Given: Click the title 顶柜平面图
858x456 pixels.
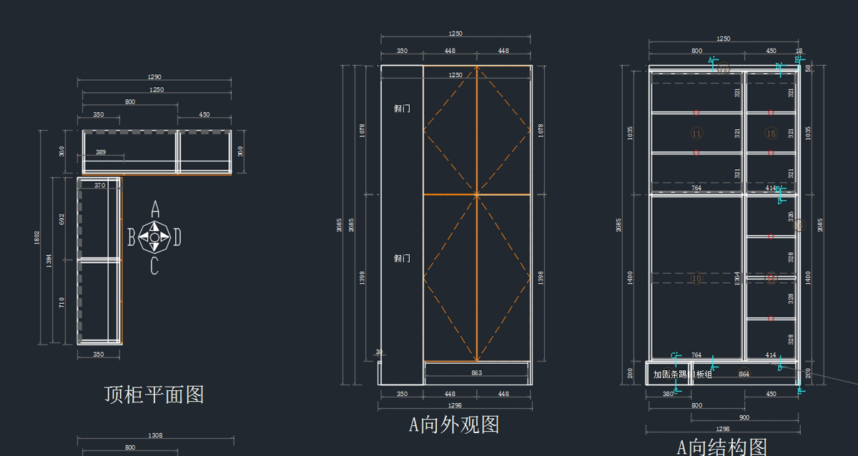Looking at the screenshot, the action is [x=154, y=395].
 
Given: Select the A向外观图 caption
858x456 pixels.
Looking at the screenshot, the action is [x=454, y=425].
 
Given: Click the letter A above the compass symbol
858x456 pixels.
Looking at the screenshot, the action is [x=154, y=209].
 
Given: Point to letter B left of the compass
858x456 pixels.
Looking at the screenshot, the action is [x=131, y=237].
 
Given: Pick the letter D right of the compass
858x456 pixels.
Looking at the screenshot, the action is [x=177, y=237].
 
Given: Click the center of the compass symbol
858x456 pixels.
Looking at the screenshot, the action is [x=154, y=237].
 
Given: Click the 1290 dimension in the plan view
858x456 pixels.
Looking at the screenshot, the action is [x=154, y=77].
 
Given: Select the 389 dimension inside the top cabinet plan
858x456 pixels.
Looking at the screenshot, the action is [x=101, y=152].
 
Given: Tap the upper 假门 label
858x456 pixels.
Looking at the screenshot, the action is [x=402, y=109].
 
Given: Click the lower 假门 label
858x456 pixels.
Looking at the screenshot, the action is [x=402, y=258].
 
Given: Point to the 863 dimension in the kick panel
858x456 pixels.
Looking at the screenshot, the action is [x=477, y=372].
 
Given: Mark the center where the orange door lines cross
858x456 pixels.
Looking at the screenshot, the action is [x=476, y=194].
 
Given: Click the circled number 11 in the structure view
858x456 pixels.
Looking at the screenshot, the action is [x=697, y=134].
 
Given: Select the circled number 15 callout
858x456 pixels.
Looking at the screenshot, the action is [x=771, y=134].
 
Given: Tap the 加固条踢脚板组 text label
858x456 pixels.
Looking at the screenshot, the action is [x=683, y=375].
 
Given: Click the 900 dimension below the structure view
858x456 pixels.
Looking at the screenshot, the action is [x=744, y=417].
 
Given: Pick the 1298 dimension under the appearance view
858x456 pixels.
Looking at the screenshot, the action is [x=455, y=405].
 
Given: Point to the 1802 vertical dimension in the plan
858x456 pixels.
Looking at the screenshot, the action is [x=37, y=237].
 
